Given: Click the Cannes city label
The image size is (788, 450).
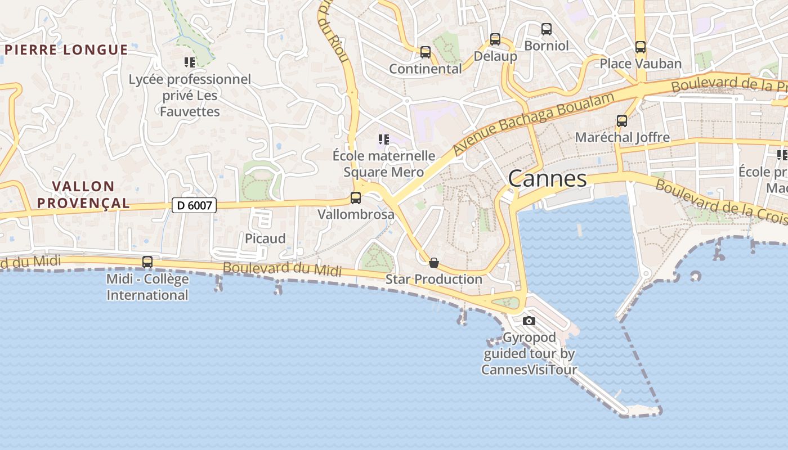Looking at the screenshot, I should click(x=547, y=179).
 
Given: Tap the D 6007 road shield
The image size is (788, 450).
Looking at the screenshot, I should click(x=194, y=205).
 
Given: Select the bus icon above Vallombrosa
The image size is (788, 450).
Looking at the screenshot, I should click(x=355, y=198).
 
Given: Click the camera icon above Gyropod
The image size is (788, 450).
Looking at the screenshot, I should click(x=529, y=321).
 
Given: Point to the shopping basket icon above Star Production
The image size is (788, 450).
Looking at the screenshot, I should click(x=434, y=263).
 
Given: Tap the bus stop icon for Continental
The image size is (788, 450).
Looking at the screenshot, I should click(x=425, y=52).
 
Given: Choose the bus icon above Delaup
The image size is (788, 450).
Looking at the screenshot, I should click(x=495, y=39).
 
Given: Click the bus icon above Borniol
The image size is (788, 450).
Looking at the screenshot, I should click(x=546, y=29).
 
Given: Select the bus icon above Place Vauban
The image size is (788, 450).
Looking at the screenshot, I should click(x=640, y=47).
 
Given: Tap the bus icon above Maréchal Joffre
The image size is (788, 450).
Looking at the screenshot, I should click(x=621, y=120).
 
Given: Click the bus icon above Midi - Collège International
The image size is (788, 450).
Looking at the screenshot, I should click(x=147, y=262).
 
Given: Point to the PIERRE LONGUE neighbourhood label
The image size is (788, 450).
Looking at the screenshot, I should click(x=66, y=49).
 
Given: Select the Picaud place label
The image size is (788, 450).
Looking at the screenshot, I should click(x=265, y=238).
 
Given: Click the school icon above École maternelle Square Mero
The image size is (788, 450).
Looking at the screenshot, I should click(x=384, y=139).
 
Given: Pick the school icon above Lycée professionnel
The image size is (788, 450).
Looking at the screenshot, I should click(x=190, y=62).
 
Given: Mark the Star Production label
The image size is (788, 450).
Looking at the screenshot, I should click(x=433, y=279).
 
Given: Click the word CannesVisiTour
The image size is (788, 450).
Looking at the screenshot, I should click(x=529, y=370).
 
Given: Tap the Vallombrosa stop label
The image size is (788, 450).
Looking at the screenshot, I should click(x=356, y=214).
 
